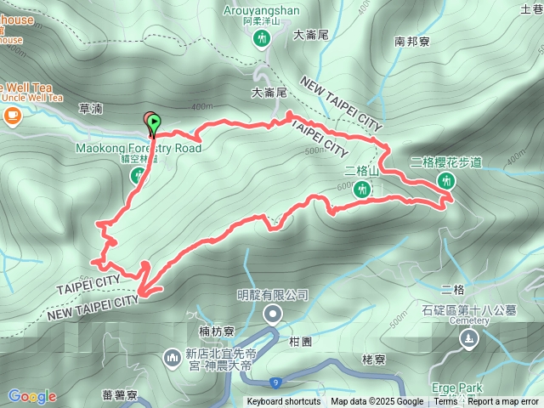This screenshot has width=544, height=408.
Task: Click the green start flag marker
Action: [x=153, y=125]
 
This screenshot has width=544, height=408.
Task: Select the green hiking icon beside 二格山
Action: [x=361, y=190]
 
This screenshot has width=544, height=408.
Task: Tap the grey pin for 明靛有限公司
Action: [x=272, y=316]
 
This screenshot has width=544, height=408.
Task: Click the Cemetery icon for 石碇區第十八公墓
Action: [x=468, y=339]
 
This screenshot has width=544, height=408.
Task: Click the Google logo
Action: [x=32, y=396]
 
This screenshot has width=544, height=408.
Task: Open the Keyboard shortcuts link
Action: [x=284, y=402]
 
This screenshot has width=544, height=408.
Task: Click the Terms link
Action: [x=445, y=402]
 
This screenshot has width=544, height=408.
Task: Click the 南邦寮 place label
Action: [x=412, y=40]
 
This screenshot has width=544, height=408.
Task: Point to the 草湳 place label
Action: [x=89, y=110]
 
